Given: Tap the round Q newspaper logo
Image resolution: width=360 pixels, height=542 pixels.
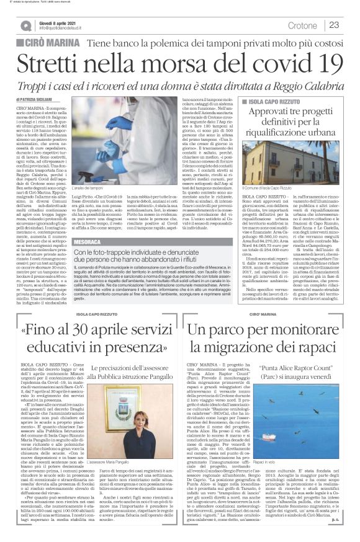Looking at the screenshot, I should tap(25, 25).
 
